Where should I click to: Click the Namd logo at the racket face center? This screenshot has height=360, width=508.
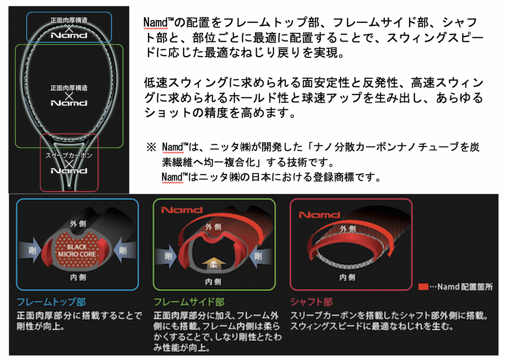pyautogui.click(x=69, y=102)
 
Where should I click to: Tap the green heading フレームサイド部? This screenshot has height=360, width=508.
pyautogui.click(x=189, y=302)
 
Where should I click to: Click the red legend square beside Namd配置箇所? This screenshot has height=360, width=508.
pyautogui.click(x=423, y=287)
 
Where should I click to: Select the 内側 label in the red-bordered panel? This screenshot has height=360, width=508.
pyautogui.click(x=347, y=277)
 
